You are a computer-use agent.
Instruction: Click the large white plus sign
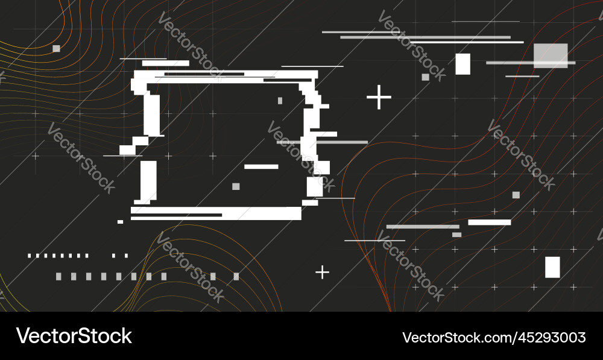[x=379, y=97]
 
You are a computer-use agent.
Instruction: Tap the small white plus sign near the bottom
[x=322, y=273]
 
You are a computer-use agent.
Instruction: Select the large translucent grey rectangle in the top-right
[x=551, y=55]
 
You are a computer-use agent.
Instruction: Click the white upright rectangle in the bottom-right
[x=552, y=267]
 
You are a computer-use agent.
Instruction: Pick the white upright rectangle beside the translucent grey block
[x=463, y=64]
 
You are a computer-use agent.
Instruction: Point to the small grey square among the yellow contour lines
[x=56, y=48]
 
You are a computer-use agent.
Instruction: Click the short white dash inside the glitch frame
[x=261, y=166]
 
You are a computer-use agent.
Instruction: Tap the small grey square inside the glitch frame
[x=236, y=186]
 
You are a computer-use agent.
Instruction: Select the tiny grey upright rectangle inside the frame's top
[x=280, y=101]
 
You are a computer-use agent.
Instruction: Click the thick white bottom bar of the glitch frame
[x=216, y=213]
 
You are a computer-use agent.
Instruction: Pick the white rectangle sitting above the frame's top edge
[x=165, y=63]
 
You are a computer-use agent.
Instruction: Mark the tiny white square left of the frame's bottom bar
[x=120, y=222]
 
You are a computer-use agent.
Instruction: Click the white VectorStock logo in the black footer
[x=74, y=336]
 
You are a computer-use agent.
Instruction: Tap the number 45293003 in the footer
[x=551, y=337]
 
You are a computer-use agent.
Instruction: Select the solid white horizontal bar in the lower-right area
[x=489, y=223]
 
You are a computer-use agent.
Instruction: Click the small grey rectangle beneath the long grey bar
[x=456, y=235]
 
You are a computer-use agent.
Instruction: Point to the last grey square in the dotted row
[x=236, y=277]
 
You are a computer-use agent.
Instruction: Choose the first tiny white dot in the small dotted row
[x=29, y=256]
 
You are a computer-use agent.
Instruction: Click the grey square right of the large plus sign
[x=425, y=77]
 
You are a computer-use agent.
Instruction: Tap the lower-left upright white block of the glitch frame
[x=148, y=181]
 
